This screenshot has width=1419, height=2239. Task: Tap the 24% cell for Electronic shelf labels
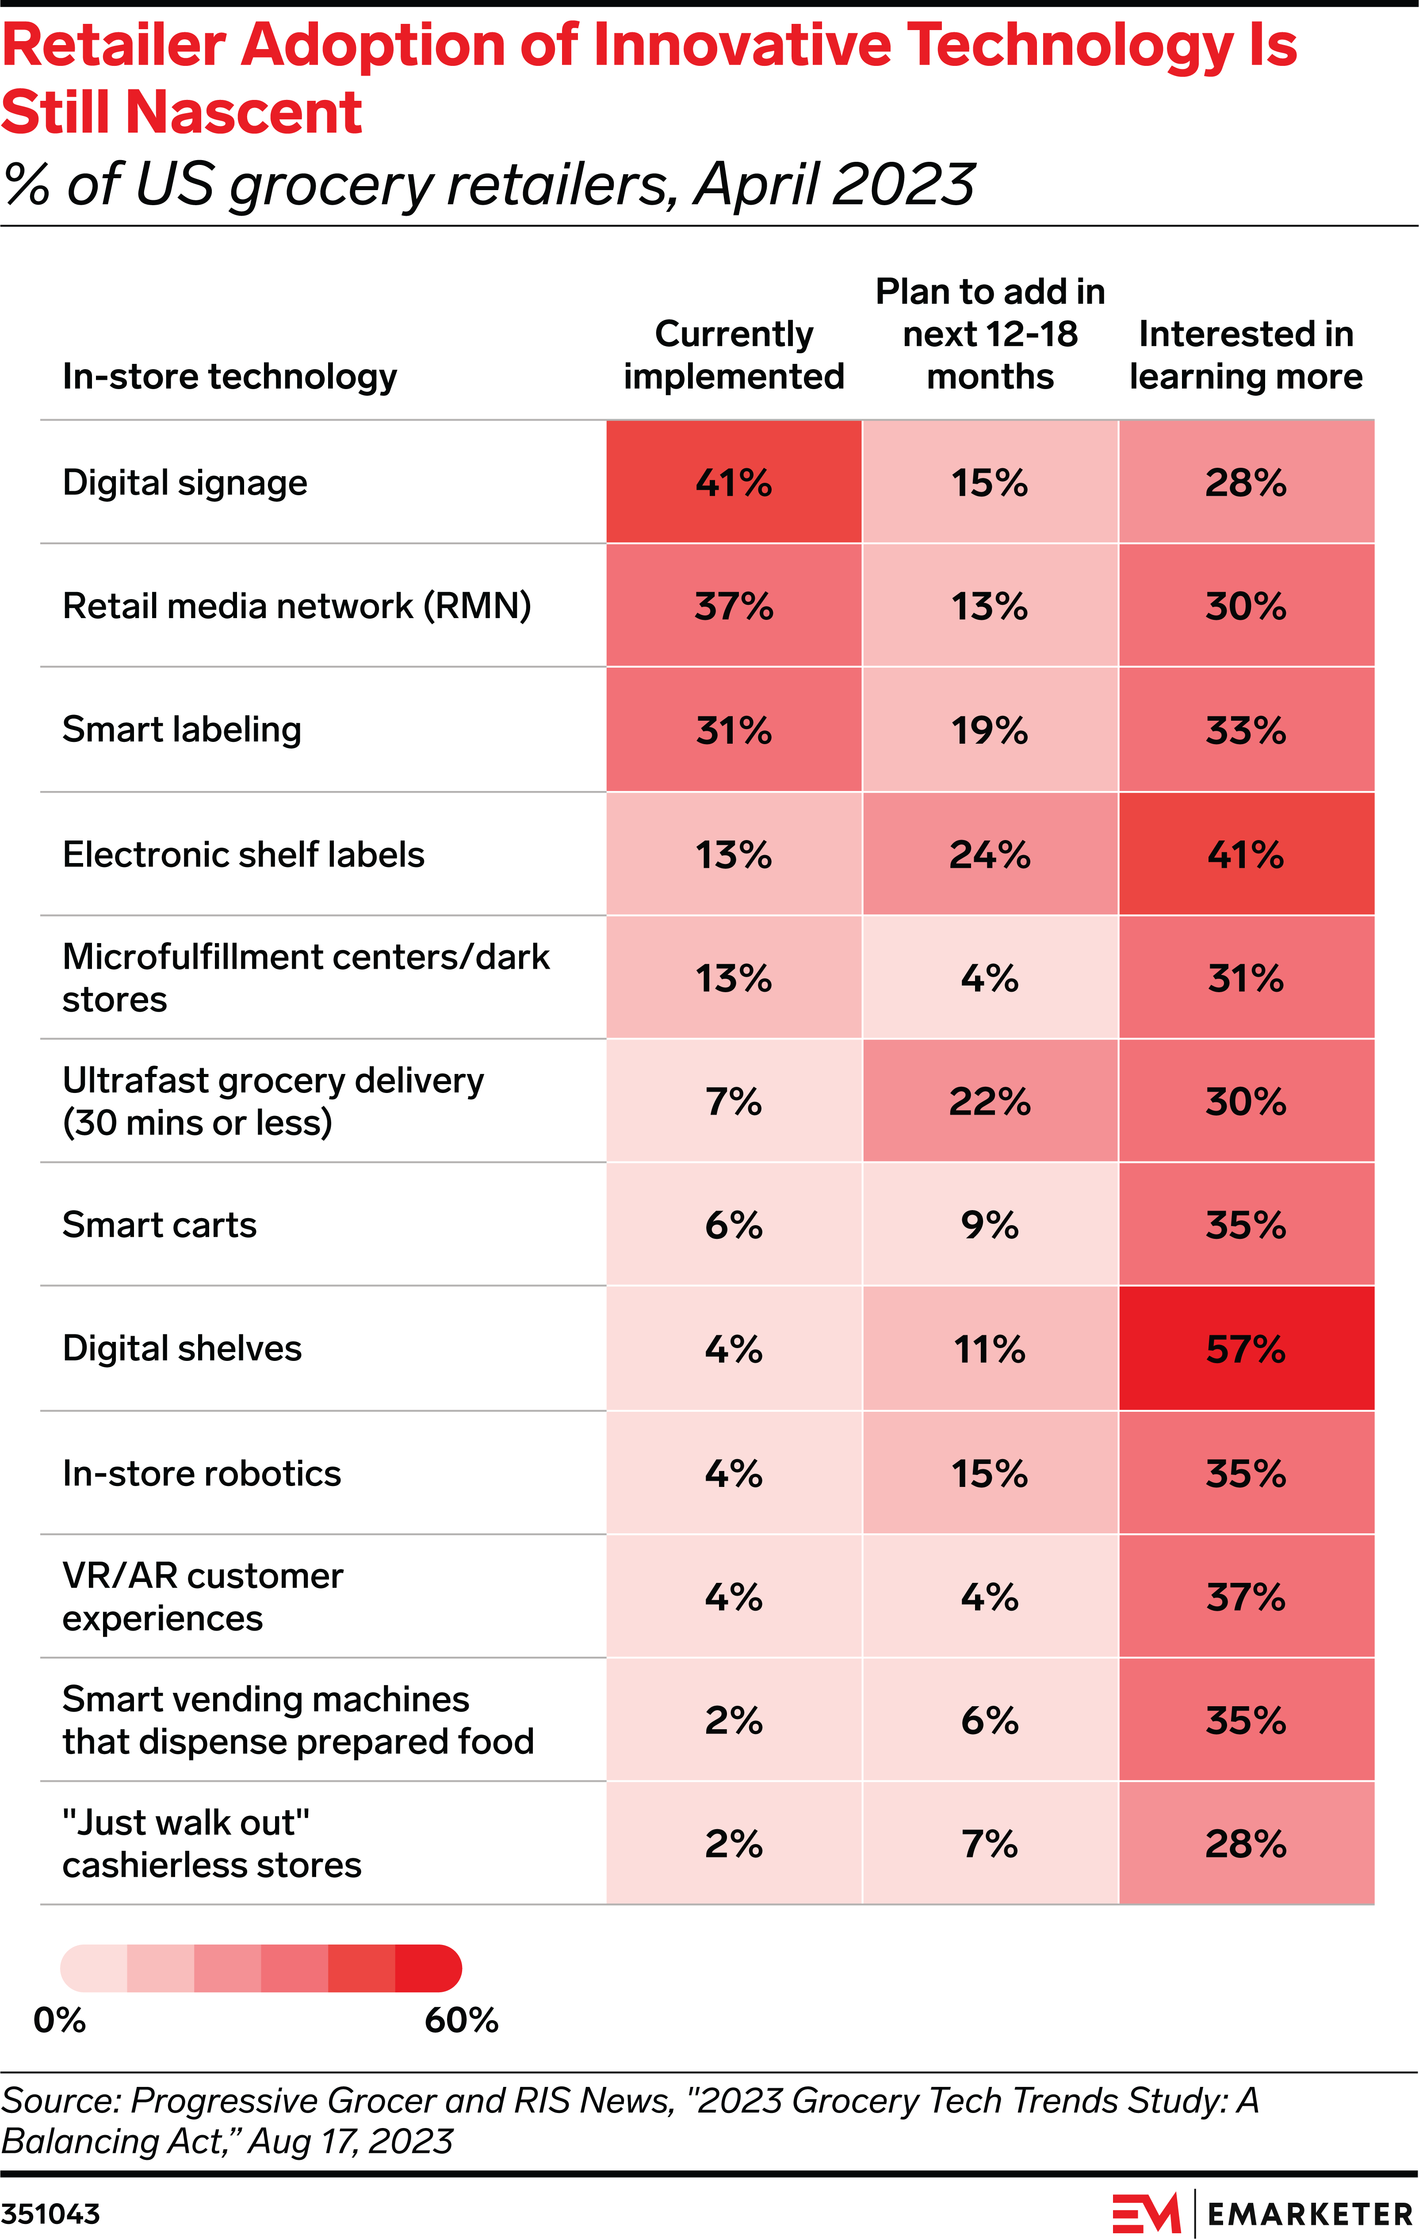point(989,854)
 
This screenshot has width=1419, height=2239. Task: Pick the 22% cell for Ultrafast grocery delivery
point(989,1101)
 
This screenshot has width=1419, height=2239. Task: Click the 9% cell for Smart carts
point(989,1225)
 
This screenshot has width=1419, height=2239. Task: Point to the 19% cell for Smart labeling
point(989,730)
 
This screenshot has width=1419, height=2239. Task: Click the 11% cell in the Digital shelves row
point(989,1348)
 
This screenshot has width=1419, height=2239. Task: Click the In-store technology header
point(229,377)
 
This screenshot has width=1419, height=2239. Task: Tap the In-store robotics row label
point(202,1473)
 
